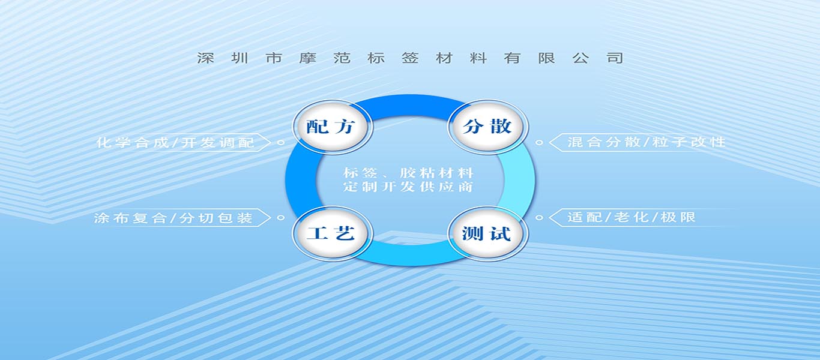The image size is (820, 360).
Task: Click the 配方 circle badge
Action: point(332,127)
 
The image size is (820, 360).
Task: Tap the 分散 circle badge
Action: point(488,127)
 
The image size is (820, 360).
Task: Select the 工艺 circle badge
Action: point(332,233)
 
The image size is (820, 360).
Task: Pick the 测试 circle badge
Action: point(488,233)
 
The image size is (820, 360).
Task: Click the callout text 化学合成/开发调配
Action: point(175,142)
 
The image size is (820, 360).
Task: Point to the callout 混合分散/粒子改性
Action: point(647,142)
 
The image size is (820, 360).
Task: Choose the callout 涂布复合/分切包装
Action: point(173,218)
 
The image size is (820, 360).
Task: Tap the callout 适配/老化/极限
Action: point(632,217)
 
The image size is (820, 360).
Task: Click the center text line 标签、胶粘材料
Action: point(409,173)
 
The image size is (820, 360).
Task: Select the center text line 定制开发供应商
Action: point(409,187)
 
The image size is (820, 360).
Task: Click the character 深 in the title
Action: point(205,58)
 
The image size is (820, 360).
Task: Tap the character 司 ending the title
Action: point(615,58)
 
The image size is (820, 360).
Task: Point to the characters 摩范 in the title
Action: point(325,58)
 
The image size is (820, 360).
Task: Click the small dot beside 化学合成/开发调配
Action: point(281,142)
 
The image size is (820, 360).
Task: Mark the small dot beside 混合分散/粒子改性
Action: point(539,142)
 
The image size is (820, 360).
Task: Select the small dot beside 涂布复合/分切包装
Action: point(281,218)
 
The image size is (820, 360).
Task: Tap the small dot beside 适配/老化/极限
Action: point(539,218)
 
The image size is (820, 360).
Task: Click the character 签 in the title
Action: point(410,58)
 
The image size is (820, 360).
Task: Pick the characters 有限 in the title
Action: point(529,58)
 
